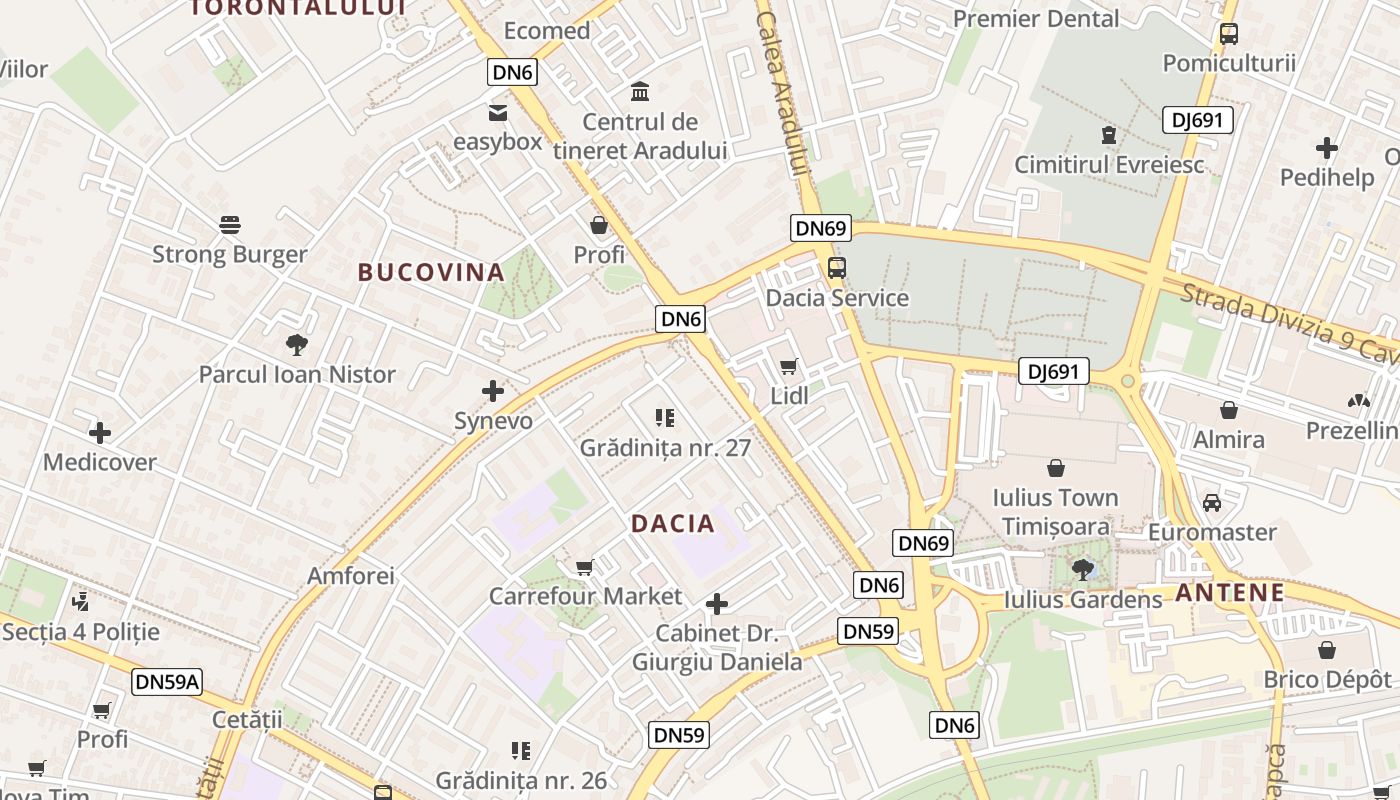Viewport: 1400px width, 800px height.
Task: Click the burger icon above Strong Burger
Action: coord(230,224)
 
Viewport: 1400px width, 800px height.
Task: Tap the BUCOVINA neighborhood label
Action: coord(431,272)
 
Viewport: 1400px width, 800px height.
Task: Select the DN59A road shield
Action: coord(167,682)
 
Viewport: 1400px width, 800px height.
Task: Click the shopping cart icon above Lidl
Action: coord(789,366)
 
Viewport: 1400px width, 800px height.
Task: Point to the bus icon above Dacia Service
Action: coord(836,268)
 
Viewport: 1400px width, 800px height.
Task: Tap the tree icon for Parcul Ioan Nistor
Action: coord(296,345)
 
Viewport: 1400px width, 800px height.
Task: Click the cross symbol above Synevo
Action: coord(493,391)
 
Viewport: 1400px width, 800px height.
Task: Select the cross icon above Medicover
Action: coord(100,433)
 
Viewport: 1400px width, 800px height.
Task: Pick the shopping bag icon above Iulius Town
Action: coord(1055,468)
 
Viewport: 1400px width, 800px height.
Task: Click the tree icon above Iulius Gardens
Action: coord(1082,570)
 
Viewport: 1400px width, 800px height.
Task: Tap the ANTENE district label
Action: coord(1229,592)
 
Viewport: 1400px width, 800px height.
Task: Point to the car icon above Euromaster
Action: coord(1212,502)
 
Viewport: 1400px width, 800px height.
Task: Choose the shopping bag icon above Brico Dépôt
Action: coord(1327,650)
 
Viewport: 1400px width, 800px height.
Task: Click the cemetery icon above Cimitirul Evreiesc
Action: coord(1108,135)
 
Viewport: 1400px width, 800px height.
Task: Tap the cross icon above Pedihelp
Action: coord(1327,148)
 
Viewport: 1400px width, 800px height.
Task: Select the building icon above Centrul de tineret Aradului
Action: coord(640,92)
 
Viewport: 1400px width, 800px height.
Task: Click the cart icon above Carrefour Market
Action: coord(585,568)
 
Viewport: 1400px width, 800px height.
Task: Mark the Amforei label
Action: coord(351,576)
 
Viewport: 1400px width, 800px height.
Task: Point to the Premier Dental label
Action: coord(1036,18)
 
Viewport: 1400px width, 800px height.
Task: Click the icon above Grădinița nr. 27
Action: coord(665,417)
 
